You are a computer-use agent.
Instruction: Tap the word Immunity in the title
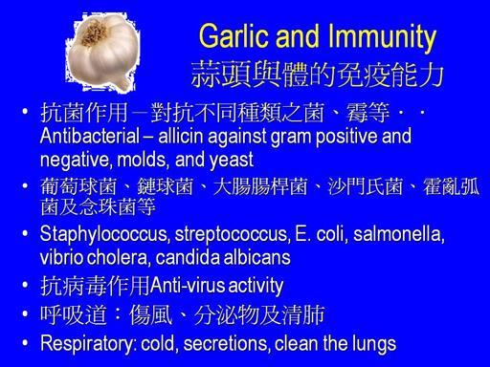(382, 38)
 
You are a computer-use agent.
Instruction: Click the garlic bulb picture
(102, 52)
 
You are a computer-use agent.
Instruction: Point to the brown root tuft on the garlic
(93, 32)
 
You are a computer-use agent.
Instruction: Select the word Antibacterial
(90, 136)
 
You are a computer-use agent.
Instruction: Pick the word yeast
(232, 161)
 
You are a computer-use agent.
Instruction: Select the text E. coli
(322, 234)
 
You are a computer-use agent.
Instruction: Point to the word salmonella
(399, 234)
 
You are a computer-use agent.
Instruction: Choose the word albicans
(257, 257)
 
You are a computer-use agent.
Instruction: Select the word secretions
(227, 344)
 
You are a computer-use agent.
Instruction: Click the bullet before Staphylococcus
(26, 234)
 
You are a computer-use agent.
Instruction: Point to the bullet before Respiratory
(26, 343)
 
